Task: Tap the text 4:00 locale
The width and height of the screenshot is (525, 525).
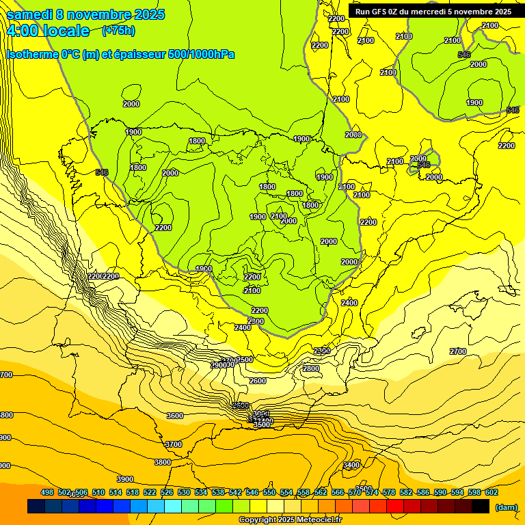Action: click(48, 31)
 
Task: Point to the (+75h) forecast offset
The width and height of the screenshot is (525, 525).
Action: click(118, 30)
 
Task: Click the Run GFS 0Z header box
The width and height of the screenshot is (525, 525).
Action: click(433, 11)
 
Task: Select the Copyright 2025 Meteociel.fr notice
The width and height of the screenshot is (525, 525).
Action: click(290, 520)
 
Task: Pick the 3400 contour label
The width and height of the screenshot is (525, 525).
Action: click(351, 465)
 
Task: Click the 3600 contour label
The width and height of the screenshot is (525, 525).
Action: click(175, 416)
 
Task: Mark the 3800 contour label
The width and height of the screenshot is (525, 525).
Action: click(162, 462)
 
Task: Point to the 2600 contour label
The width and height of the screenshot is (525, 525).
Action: click(257, 381)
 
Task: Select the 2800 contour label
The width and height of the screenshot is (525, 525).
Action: click(311, 368)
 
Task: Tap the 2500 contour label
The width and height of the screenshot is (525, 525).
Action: click(245, 360)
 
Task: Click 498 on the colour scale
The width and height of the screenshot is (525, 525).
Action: click(47, 492)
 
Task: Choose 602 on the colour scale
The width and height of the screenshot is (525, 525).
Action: click(492, 492)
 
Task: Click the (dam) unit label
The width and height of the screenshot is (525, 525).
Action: click(506, 507)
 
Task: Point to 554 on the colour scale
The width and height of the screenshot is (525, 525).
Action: click(286, 492)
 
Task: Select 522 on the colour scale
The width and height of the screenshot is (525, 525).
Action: click(150, 492)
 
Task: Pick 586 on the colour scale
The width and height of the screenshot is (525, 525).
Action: click(423, 492)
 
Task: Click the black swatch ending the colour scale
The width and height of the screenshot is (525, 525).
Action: click(481, 507)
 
